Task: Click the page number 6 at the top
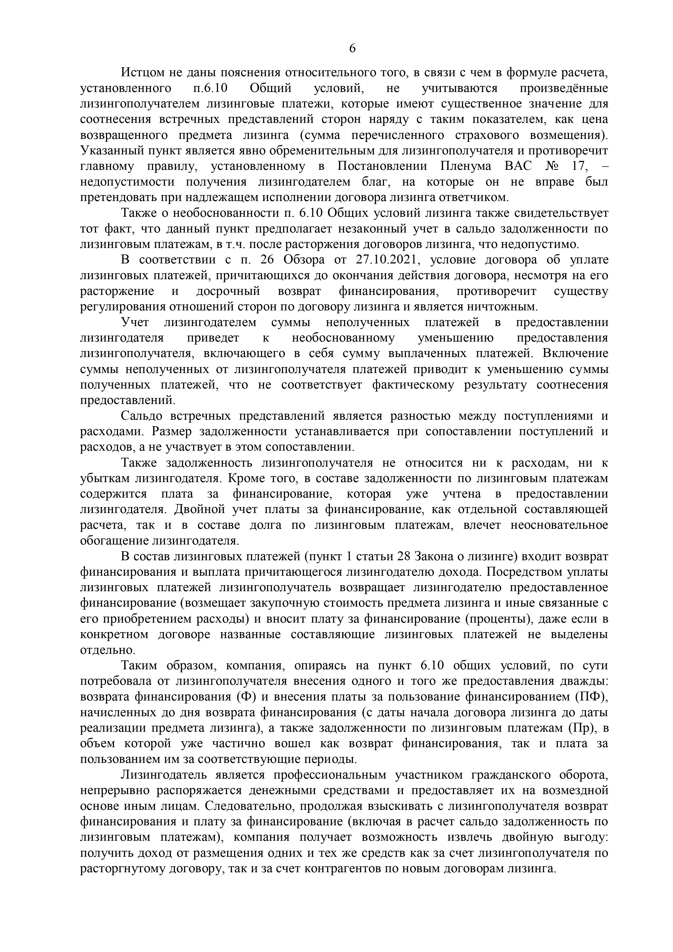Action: pyautogui.click(x=352, y=49)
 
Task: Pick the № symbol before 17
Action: pyautogui.click(x=552, y=166)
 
